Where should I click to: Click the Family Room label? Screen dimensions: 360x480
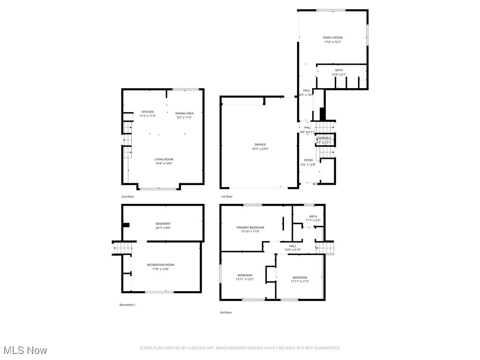[333, 37]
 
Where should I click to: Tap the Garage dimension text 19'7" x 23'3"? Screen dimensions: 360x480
[260, 149]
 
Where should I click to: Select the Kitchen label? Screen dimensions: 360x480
[148, 112]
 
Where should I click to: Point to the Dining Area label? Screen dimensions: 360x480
[184, 113]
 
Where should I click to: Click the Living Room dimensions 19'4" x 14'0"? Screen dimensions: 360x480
[164, 164]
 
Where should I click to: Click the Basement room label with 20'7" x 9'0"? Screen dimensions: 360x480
[163, 224]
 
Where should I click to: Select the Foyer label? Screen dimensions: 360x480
[308, 160]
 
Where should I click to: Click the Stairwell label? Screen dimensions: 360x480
[324, 138]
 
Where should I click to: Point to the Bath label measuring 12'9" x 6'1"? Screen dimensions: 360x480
[339, 70]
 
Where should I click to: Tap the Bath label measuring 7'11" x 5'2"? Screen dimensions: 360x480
[313, 217]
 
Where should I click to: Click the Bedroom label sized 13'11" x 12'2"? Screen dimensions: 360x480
[245, 275]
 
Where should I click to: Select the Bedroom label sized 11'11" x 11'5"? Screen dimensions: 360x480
[300, 277]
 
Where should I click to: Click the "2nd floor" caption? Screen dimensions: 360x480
[127, 196]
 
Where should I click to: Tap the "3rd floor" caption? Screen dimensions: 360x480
[226, 312]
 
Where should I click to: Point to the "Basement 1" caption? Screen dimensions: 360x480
[127, 305]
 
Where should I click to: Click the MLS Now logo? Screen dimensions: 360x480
[24, 350]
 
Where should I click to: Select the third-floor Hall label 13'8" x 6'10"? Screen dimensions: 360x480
[292, 246]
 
